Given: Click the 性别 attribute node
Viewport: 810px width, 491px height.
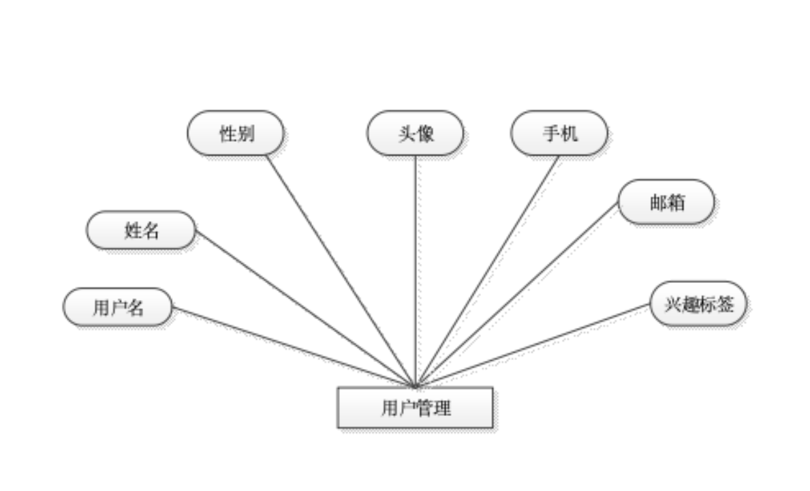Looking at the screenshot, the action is click(236, 133).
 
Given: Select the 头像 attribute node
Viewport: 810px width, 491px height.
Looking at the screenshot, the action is click(415, 133).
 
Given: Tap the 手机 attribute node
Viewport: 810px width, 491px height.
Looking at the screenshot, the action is click(559, 133).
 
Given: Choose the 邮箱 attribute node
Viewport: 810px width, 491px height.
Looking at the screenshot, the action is click(666, 202).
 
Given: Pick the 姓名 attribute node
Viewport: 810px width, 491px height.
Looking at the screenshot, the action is click(141, 230).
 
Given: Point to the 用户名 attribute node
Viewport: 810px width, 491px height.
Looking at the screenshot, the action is click(118, 307).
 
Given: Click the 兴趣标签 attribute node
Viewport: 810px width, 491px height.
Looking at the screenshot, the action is click(698, 303).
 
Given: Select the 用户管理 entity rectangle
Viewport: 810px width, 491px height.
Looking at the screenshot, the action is click(415, 408).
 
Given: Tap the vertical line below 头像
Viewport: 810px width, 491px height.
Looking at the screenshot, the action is click(416, 273).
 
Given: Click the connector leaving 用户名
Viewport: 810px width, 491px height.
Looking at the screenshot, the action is click(293, 346).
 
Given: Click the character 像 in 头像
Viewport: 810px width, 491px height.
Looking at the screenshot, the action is click(424, 133).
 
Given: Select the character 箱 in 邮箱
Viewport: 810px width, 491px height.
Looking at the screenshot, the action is click(675, 202).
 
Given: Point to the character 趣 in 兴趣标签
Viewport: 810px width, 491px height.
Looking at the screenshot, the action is click(689, 303).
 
